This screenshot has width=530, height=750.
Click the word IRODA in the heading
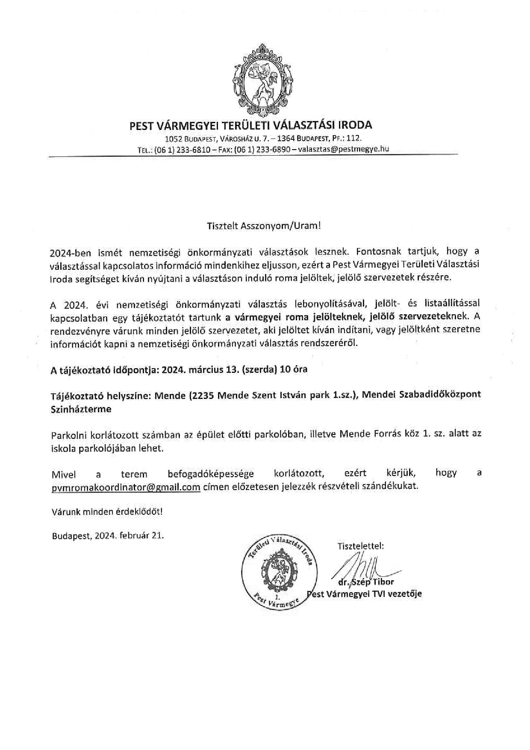[x=355, y=125]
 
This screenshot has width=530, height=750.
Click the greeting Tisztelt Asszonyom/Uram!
[x=264, y=226]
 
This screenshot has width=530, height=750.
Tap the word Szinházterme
[x=81, y=409]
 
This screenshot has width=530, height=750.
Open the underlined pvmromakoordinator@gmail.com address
[x=126, y=487]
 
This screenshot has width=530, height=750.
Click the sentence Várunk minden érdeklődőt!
[x=107, y=511]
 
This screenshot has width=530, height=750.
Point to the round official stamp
[x=280, y=571]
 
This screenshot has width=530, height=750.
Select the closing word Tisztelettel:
[x=361, y=546]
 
